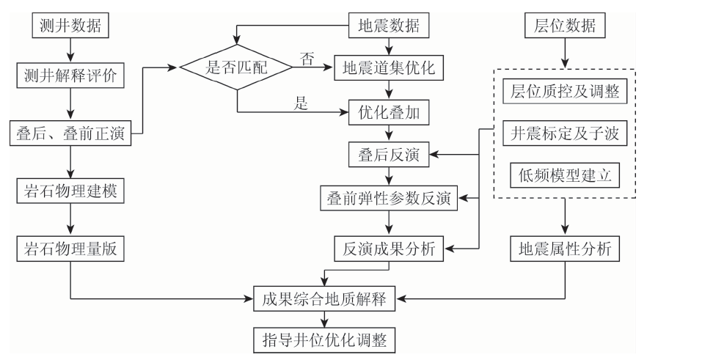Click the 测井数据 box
[x=70, y=26]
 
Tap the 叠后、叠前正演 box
[x=70, y=134]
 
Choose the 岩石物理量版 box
[x=70, y=249]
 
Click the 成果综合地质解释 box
[x=323, y=298]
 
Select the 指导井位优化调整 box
[x=323, y=339]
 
